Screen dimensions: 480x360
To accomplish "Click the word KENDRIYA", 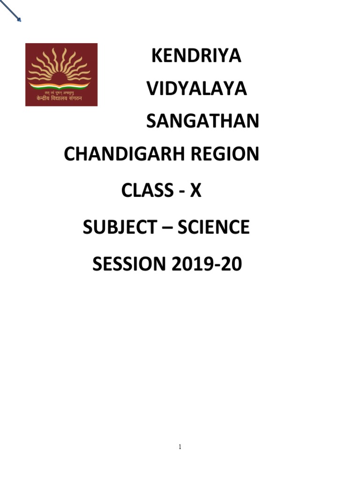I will pos(196,56).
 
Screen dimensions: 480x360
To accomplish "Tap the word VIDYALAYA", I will pos(196,89).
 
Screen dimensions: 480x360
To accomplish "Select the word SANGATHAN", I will pos(202,121).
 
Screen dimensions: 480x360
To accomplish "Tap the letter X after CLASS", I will pos(195,191).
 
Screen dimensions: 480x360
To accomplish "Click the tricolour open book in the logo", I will pos(61,85).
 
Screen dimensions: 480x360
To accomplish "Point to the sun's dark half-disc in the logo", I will pos(61,78).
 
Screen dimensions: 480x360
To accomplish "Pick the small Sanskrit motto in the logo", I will pos(61,93).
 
